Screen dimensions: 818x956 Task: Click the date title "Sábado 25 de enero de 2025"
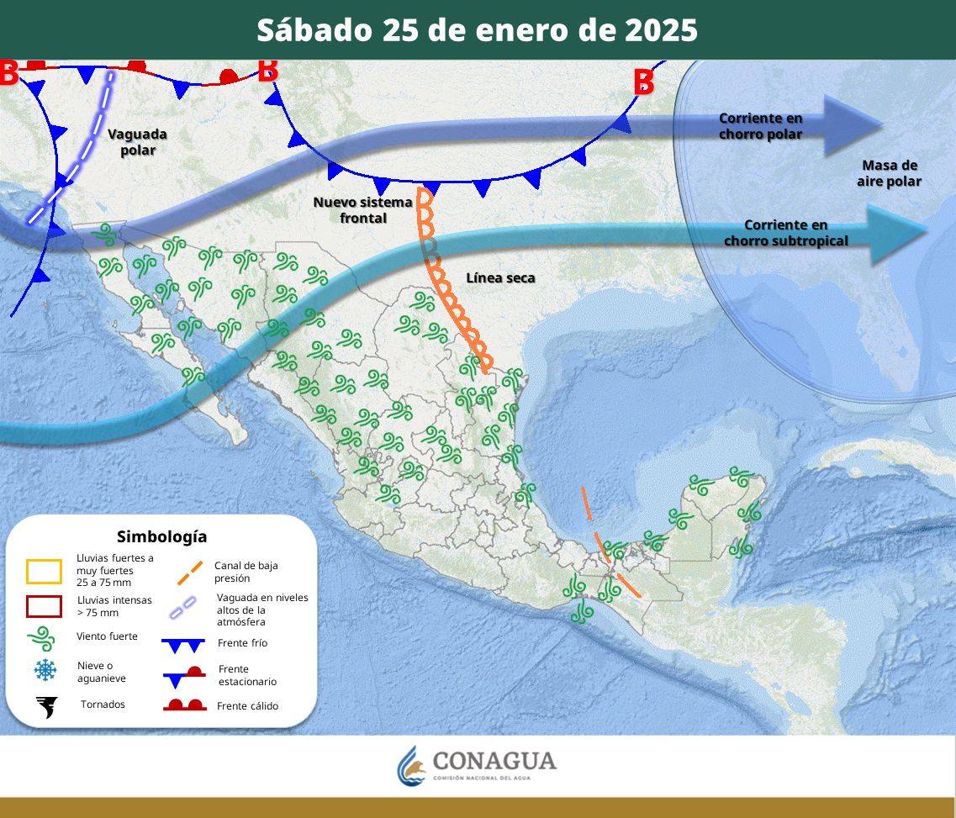tap(477, 30)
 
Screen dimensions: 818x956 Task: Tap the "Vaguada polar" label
tap(137, 142)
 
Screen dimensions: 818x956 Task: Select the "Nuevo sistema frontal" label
tap(362, 210)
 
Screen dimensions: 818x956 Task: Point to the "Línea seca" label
tap(500, 278)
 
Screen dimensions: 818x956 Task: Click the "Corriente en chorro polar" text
tap(760, 126)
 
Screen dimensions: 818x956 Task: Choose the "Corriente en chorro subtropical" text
tap(786, 233)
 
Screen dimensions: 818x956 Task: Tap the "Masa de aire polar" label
tap(889, 173)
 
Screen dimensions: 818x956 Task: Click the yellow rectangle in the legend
tap(44, 572)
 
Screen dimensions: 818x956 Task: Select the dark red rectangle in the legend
tap(44, 606)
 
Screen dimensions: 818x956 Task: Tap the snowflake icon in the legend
tap(45, 670)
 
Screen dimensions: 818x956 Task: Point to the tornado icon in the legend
tap(46, 706)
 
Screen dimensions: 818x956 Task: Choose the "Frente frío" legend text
tap(242, 643)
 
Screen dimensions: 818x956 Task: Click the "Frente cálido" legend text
tap(247, 706)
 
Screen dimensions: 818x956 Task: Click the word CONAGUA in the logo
tap(494, 761)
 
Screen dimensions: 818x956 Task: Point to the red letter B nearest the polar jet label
tap(643, 82)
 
